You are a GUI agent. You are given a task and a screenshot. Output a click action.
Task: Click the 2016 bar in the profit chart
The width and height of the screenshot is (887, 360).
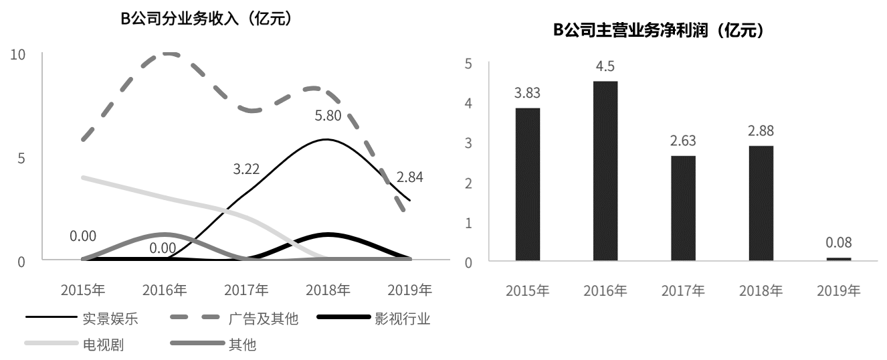605,171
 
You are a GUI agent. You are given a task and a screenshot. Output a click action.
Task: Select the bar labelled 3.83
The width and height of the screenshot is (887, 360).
527,184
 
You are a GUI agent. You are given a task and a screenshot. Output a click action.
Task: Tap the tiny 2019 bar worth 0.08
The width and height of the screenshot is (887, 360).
839,258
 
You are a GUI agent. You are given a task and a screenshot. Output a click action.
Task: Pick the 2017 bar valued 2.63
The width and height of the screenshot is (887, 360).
683,207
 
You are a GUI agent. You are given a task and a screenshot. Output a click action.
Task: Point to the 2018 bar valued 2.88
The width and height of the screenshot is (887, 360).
761,203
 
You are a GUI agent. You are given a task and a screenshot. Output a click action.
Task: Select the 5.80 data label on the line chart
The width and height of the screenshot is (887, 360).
328,116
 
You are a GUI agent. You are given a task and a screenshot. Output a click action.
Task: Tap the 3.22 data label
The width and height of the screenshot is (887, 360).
245,169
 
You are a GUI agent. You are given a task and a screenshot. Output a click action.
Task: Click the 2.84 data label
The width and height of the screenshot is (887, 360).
409,177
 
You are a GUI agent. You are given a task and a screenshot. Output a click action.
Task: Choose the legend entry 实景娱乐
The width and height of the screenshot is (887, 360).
110,319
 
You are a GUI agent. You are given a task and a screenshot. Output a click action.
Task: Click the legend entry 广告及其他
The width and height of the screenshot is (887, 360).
263,319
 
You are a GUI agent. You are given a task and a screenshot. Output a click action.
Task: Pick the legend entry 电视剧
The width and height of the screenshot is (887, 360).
103,345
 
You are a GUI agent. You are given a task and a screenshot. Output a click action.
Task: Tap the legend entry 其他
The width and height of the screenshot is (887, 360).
242,345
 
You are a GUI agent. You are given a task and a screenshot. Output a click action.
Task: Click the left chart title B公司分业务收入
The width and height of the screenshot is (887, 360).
205,19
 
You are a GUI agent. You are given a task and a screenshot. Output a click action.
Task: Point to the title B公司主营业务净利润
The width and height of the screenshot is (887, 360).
658,31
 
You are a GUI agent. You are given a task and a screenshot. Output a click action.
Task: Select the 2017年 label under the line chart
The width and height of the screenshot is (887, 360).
246,290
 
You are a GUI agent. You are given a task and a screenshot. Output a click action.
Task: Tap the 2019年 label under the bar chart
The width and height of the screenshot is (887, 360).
839,291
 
